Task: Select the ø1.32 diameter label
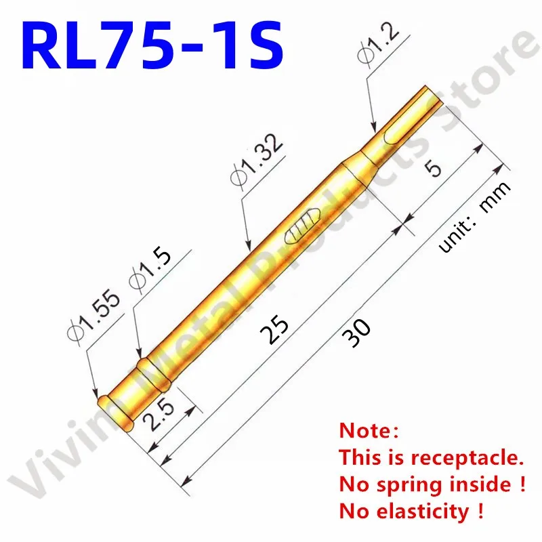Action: coord(255,163)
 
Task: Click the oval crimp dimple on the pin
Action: coord(299,226)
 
